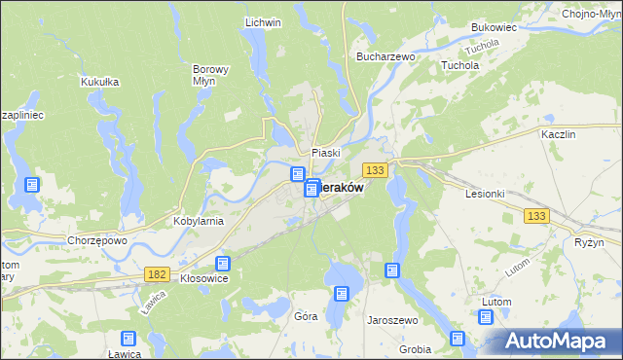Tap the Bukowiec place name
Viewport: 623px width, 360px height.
click(x=493, y=28)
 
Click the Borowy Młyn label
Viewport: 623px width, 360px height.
click(x=210, y=77)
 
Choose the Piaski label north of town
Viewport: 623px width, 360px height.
click(x=325, y=153)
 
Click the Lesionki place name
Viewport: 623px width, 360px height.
click(x=485, y=193)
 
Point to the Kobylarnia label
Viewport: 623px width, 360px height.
click(x=199, y=221)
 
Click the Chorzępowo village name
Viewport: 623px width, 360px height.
click(x=98, y=240)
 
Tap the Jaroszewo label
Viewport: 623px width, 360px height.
click(x=391, y=318)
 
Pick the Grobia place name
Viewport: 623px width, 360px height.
click(x=416, y=348)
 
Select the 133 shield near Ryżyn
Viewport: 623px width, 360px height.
click(x=535, y=216)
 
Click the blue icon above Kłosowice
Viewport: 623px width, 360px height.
click(x=223, y=263)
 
